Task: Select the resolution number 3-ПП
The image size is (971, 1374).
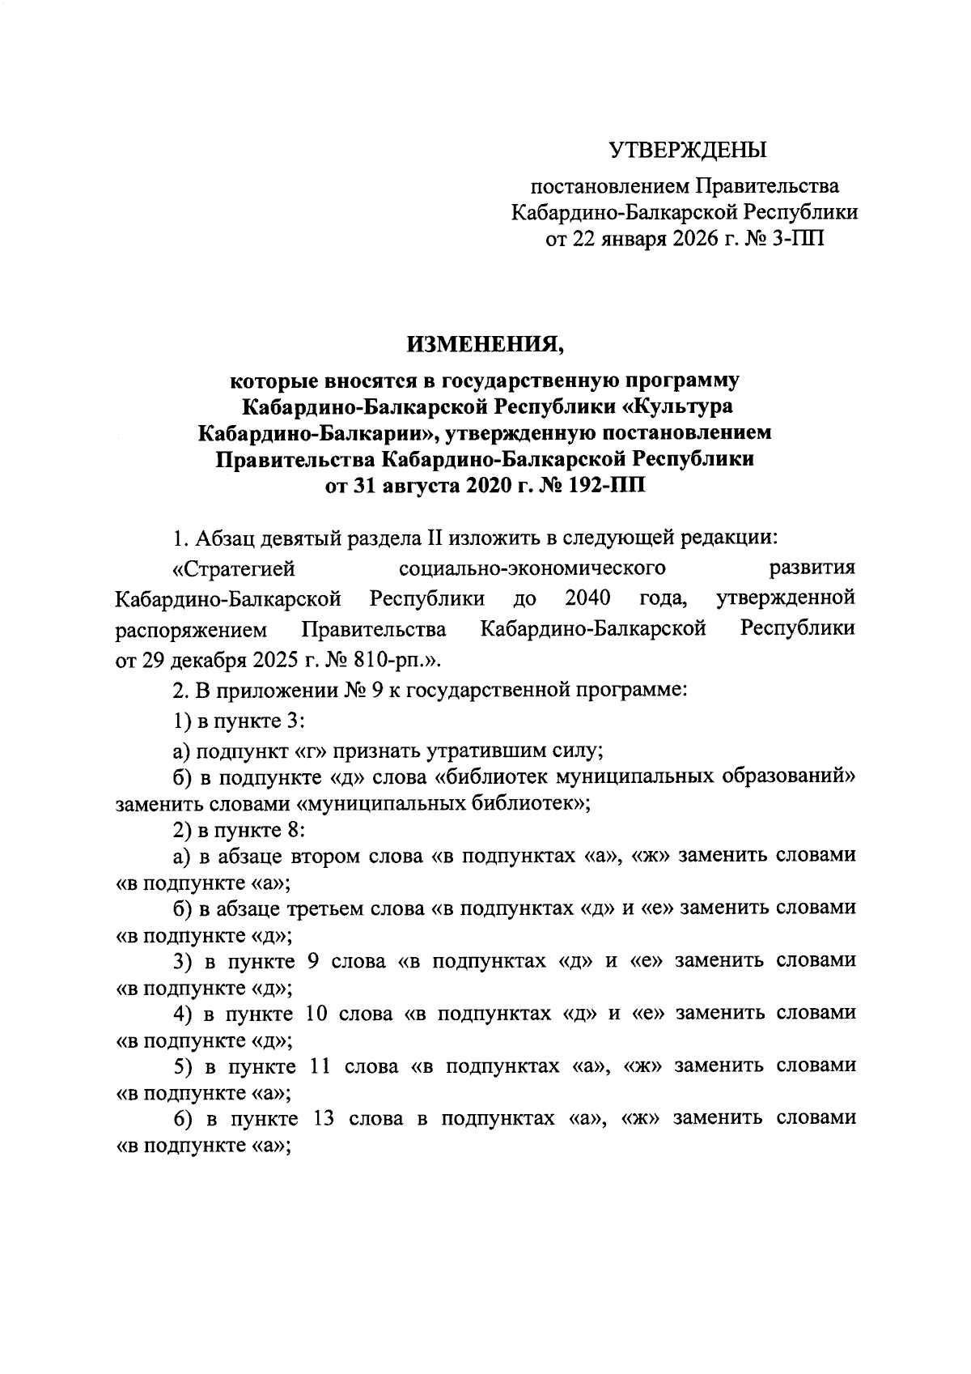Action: pyautogui.click(x=793, y=238)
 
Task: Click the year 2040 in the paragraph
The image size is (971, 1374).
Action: pyautogui.click(x=588, y=598)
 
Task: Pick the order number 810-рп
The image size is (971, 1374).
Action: pyautogui.click(x=396, y=659)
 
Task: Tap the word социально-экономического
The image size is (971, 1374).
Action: pyautogui.click(x=532, y=568)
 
